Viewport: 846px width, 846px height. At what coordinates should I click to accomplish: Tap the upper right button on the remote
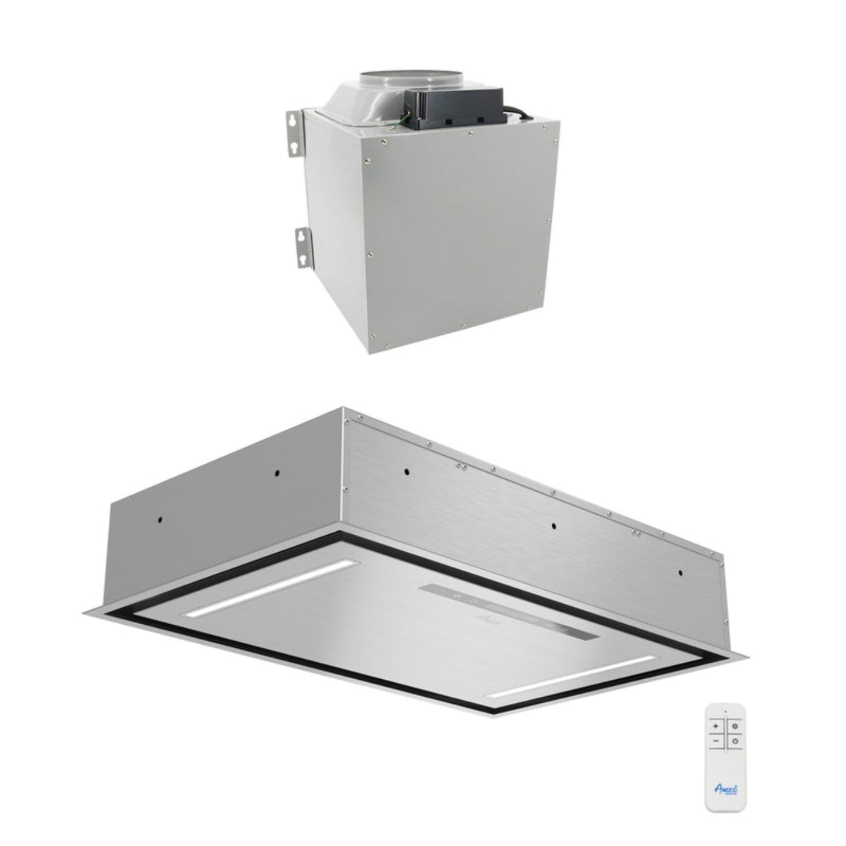[734, 727]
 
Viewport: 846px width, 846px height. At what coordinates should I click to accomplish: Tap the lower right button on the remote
[734, 741]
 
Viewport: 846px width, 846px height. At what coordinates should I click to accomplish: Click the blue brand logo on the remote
[725, 789]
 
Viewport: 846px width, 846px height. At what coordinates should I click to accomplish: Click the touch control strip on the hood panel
[508, 613]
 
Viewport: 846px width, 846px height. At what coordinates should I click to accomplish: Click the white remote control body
[725, 761]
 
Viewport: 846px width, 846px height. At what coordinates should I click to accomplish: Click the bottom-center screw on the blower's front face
[463, 327]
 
